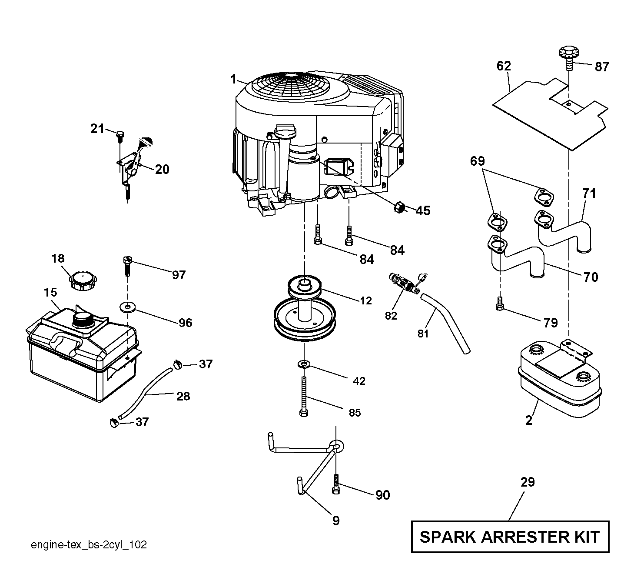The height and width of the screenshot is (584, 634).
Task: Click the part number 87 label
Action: point(602,67)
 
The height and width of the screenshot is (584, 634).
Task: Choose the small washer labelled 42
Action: point(304,364)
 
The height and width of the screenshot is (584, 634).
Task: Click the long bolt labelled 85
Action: point(304,397)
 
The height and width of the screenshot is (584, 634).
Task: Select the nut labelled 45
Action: point(399,207)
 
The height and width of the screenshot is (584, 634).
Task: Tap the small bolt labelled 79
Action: point(499,304)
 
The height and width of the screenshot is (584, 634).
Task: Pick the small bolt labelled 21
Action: point(120,137)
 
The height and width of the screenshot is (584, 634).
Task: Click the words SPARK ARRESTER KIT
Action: point(510,537)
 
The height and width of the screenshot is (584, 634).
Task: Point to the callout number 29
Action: point(528,491)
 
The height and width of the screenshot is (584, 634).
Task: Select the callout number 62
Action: point(504,66)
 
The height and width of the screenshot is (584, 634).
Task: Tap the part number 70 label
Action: point(591,277)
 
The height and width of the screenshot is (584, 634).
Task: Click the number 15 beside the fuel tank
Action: point(50,292)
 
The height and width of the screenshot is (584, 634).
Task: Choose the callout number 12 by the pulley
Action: point(366,300)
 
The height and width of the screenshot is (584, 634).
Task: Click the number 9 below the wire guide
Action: point(336,521)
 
